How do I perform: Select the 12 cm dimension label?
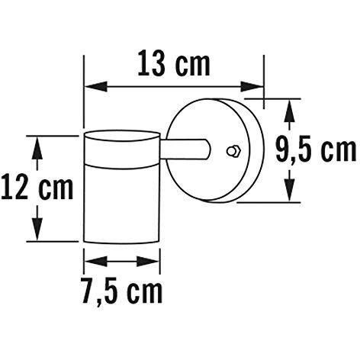(x=37, y=185)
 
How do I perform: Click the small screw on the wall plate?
(x=235, y=150)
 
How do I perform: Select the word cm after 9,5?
(x=334, y=151)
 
